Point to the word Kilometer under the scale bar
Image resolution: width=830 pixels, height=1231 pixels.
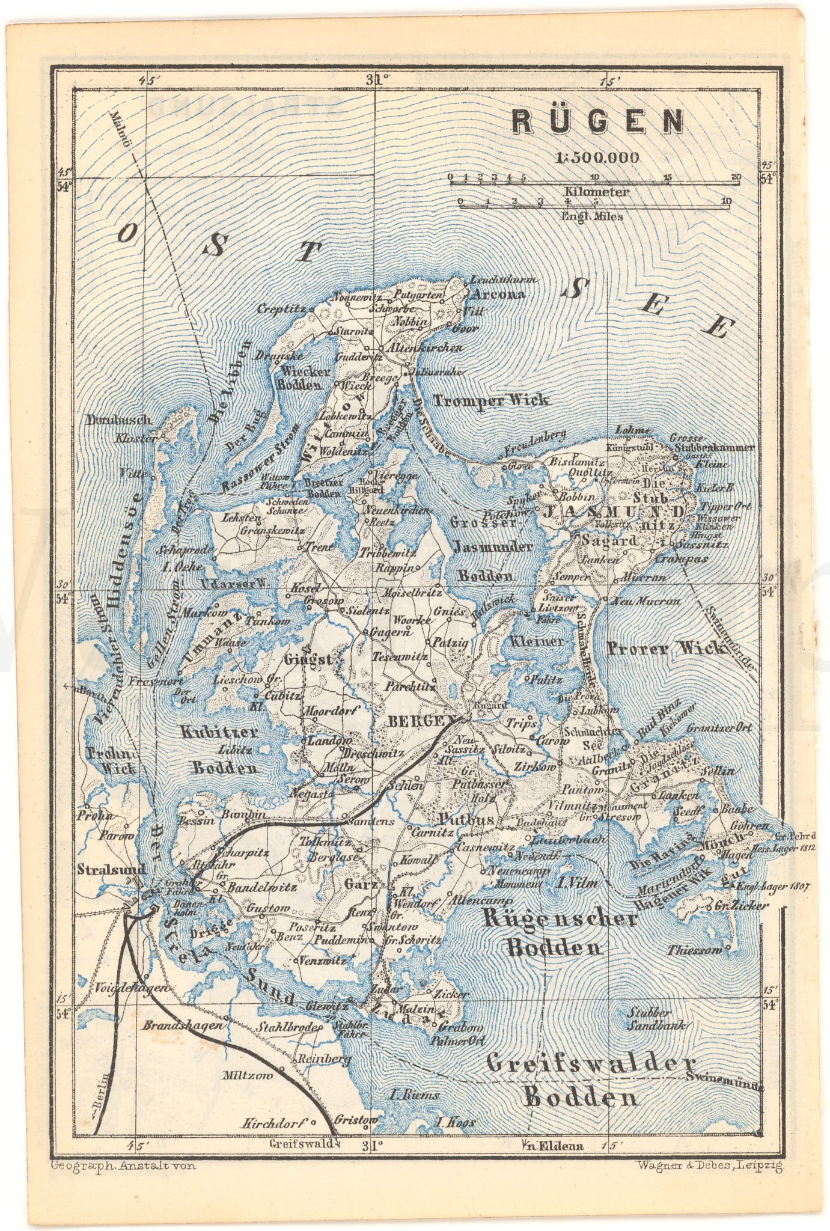pos(596,192)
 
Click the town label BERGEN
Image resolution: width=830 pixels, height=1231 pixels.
pos(424,721)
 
